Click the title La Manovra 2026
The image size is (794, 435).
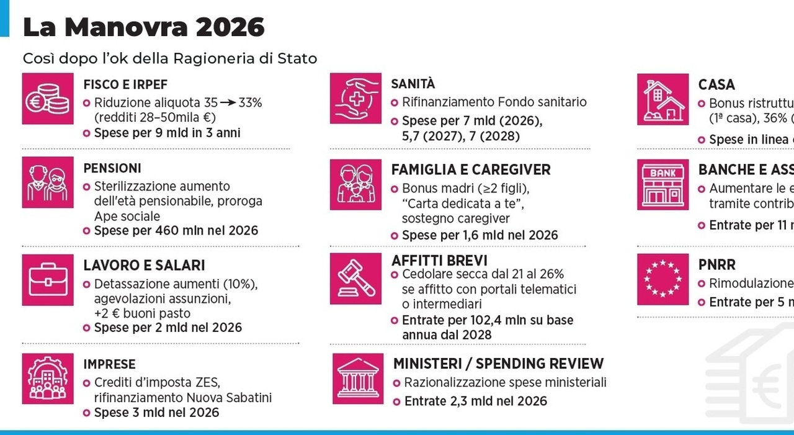[143, 27]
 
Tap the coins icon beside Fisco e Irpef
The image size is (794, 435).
[47, 99]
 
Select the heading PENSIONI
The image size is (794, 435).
[112, 168]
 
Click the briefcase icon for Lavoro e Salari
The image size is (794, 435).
[47, 280]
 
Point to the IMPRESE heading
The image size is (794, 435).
[109, 364]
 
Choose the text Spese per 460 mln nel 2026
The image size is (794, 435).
[176, 231]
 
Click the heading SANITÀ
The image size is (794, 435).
[413, 84]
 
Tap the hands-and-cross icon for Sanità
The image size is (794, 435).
[355, 98]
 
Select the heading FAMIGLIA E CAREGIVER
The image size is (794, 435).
[471, 169]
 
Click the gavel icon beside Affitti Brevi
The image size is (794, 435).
[355, 275]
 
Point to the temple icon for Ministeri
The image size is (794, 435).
[358, 379]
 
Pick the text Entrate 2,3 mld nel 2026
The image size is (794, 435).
[476, 401]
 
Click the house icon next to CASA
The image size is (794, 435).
[662, 99]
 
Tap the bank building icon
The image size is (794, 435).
[662, 184]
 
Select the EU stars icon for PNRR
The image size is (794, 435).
[662, 279]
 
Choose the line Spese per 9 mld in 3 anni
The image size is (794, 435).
[167, 133]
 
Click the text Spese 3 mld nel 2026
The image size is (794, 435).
[156, 413]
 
